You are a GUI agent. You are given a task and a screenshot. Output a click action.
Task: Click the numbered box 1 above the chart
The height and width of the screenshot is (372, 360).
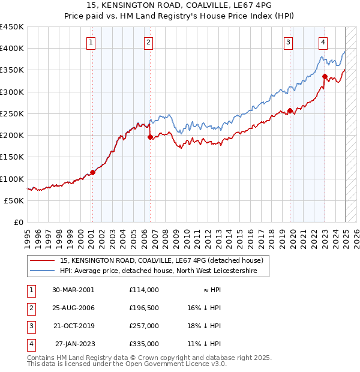tap(91, 42)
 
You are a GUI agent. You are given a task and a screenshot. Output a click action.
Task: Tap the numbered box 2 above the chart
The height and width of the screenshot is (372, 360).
tap(148, 42)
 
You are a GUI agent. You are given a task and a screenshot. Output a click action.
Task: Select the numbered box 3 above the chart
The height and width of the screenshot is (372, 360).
tap(289, 42)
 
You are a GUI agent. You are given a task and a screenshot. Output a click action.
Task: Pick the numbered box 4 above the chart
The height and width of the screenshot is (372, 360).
tap(323, 42)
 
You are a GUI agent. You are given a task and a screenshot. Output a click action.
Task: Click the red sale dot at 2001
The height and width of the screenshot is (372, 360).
tap(92, 173)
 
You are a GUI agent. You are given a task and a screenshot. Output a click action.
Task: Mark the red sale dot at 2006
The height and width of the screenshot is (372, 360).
tap(150, 137)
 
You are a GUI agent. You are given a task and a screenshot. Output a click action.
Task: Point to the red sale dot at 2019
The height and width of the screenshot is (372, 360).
tap(290, 110)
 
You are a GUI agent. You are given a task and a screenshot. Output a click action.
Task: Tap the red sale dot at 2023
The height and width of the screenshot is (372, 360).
tap(325, 76)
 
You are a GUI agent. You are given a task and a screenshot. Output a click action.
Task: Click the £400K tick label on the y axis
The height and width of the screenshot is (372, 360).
tap(12, 49)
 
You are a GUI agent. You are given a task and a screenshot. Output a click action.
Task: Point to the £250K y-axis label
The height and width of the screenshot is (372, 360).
tap(12, 113)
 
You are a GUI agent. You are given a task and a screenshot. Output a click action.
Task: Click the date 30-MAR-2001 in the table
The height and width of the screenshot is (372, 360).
tap(73, 290)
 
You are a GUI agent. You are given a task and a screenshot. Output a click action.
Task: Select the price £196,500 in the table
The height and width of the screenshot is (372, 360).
tap(144, 308)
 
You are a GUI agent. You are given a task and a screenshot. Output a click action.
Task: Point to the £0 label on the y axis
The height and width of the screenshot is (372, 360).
tap(19, 222)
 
